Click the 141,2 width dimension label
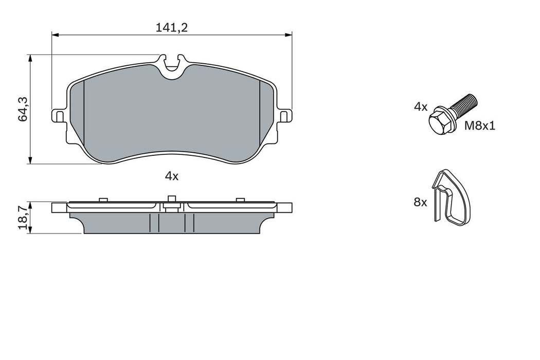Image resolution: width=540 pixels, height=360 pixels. [172, 28]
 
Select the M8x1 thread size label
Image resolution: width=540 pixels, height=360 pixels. [479, 125]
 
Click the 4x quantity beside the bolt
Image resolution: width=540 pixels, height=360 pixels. [421, 107]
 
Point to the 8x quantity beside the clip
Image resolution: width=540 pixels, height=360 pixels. [420, 203]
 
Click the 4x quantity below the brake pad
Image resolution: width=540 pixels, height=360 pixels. [171, 176]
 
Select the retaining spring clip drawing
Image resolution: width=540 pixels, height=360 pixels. [451, 198]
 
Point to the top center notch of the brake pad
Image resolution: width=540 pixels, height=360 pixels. [171, 64]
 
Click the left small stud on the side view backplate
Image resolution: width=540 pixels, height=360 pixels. [102, 199]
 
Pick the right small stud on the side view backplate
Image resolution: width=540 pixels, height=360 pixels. [239, 199]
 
